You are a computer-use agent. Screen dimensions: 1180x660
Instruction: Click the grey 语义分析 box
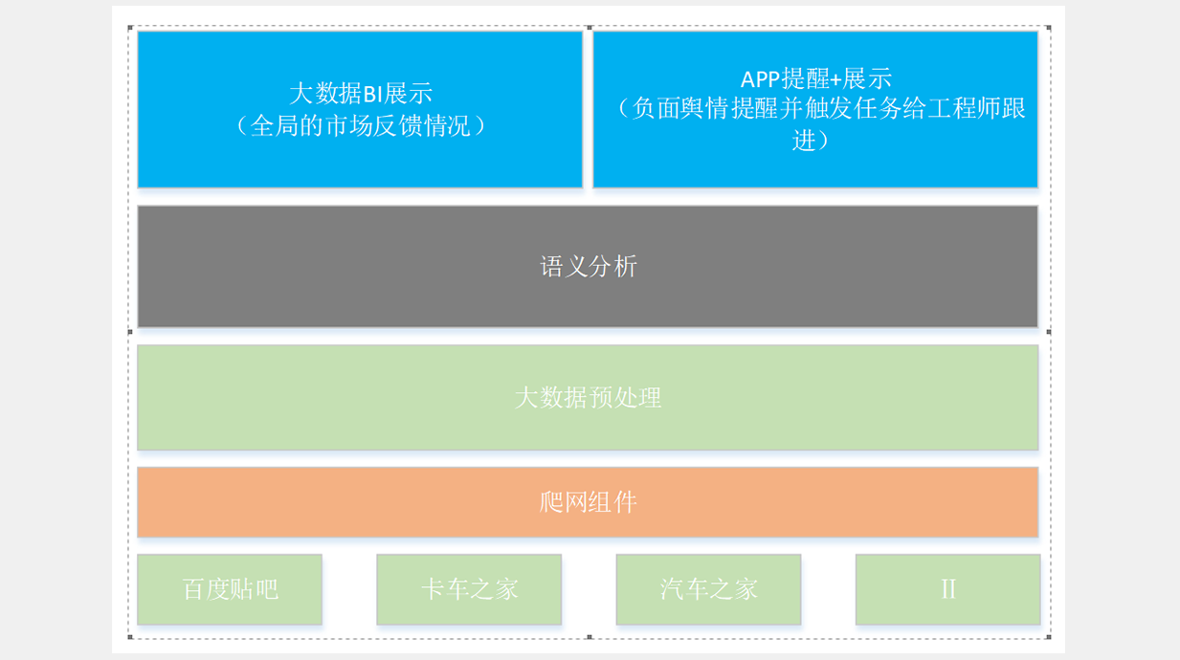(x=588, y=266)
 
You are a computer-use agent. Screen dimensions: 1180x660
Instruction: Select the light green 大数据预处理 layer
(x=588, y=397)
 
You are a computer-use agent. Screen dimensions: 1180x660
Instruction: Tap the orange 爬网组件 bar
(x=588, y=502)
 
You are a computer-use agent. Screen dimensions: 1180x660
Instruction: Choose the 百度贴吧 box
(x=230, y=589)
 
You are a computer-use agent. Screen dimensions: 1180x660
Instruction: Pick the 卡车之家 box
(x=469, y=589)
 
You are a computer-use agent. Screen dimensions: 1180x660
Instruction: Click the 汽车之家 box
(x=708, y=589)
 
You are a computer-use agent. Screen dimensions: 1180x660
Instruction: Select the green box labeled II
(x=948, y=589)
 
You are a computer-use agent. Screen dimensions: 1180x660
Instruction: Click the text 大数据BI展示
(x=361, y=94)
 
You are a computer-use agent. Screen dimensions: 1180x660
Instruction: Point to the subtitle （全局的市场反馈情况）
(x=361, y=126)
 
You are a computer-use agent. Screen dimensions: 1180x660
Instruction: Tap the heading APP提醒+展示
(x=816, y=79)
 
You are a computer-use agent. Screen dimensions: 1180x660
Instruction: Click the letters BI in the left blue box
(x=372, y=94)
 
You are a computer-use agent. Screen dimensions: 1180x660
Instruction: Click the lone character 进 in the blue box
(x=804, y=141)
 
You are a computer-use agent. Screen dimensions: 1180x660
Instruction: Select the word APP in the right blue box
(x=760, y=79)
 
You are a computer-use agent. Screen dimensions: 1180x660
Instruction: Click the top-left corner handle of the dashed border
(x=130, y=28)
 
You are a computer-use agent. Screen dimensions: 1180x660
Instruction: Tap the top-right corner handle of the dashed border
(x=1049, y=28)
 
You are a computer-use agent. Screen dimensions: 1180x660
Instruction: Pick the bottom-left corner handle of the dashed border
(x=130, y=637)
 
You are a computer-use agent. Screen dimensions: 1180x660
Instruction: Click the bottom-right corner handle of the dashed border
(x=1049, y=637)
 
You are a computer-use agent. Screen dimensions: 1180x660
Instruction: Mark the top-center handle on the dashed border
(x=590, y=28)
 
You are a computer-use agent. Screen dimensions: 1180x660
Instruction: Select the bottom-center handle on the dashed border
(x=590, y=637)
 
